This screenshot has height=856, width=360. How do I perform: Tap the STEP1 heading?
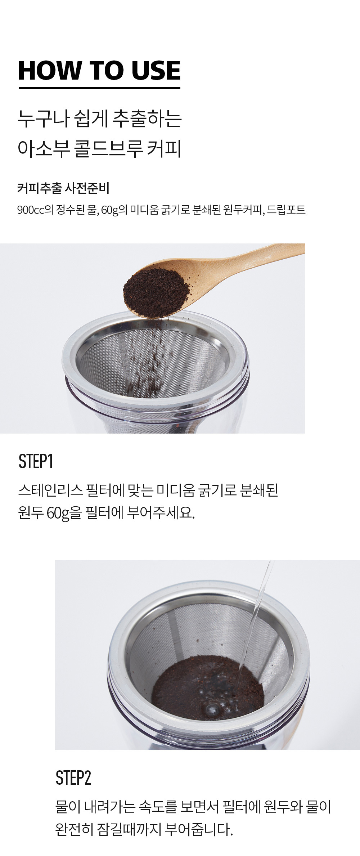tap(36, 461)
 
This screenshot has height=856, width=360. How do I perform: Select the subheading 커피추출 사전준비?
tap(63, 188)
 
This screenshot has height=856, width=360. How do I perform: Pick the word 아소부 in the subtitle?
tap(44, 149)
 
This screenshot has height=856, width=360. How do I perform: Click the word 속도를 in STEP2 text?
tap(157, 807)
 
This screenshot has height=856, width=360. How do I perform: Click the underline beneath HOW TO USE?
tap(99, 88)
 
